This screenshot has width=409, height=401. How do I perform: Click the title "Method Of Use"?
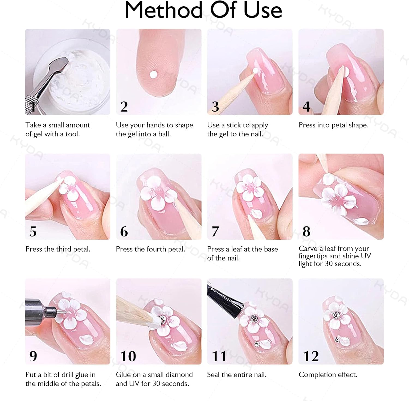(203, 10)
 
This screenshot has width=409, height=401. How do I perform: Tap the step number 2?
(124, 106)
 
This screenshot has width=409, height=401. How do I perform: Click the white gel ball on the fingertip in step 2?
(154, 74)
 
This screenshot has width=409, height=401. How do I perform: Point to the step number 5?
(33, 231)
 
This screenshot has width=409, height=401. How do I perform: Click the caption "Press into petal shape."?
(333, 125)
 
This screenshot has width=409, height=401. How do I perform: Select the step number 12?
(311, 356)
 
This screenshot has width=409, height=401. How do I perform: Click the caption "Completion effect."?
(328, 375)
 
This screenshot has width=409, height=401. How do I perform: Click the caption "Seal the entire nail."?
(237, 375)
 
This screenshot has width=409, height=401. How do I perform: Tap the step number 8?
(306, 231)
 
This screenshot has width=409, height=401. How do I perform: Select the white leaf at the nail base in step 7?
(257, 213)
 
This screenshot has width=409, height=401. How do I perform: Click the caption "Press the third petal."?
(58, 249)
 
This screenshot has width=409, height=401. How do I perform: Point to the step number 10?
(128, 356)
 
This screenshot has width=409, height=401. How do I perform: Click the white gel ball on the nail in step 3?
(255, 71)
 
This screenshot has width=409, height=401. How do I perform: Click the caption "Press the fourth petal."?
(151, 249)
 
